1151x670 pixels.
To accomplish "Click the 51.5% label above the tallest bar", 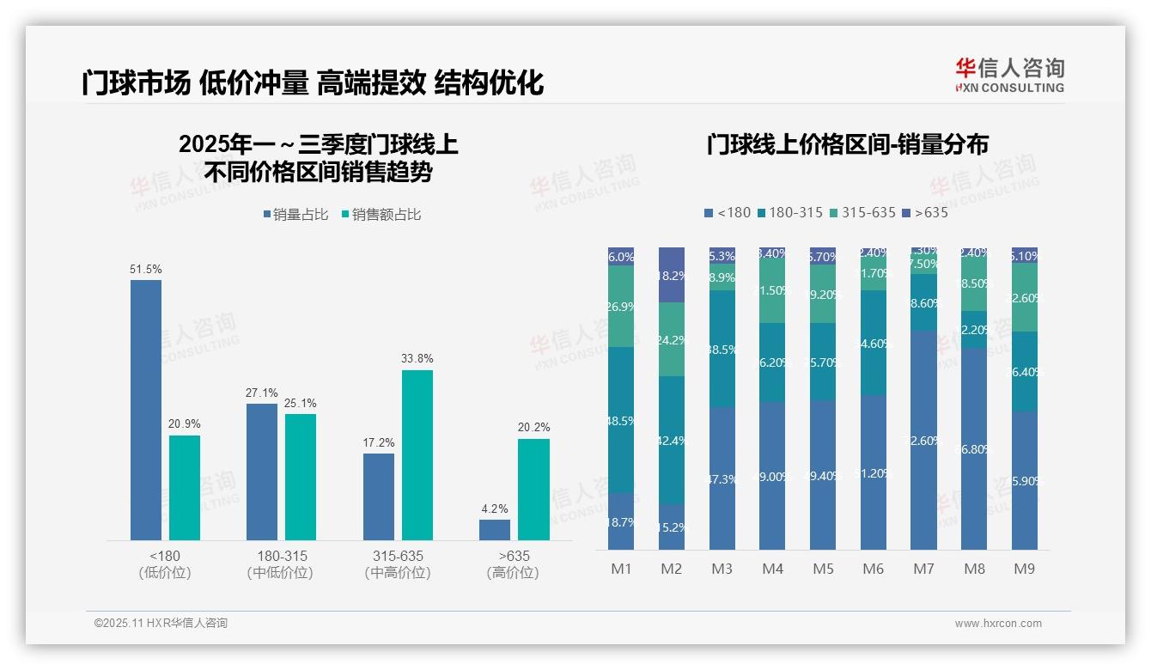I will pos(146,270).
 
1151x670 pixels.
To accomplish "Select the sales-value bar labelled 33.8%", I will pos(417,454).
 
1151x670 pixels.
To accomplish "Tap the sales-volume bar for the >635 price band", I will pos(495,530).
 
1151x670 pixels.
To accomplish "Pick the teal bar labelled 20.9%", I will pos(185,487).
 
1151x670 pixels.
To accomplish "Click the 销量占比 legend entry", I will pos(295,215).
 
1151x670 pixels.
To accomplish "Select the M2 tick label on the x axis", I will pos(671,569).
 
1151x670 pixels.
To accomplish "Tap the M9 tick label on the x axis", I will pos(1024,569).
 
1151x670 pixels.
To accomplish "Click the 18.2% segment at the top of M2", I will pos(672,275).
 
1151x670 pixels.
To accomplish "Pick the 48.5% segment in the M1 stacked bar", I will pos(621,420).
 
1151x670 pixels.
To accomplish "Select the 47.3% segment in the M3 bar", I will pos(722,478).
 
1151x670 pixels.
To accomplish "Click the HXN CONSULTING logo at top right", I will pos(1009,76).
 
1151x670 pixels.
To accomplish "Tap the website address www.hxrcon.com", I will pos(997,624).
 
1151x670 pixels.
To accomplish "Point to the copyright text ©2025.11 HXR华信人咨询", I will pos(161,624).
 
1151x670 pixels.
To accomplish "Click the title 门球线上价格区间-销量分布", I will pos(847,144).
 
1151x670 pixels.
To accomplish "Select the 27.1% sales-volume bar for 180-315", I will pos(262,472).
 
